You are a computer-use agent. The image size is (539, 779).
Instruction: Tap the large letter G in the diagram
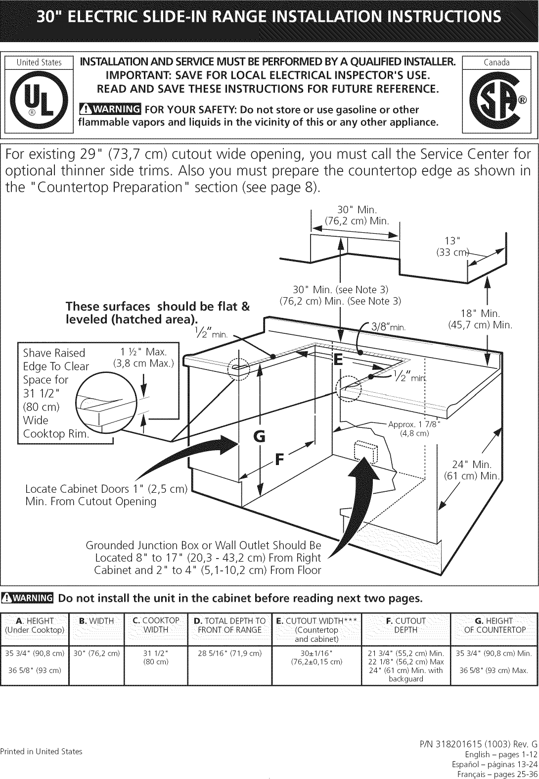click(x=259, y=436)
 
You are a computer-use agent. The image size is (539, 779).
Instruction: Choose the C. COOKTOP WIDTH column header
click(x=156, y=625)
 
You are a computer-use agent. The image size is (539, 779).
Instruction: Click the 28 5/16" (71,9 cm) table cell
click(x=229, y=653)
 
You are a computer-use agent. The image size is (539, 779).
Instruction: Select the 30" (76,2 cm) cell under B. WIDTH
click(x=96, y=653)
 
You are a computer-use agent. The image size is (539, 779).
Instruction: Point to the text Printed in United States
click(x=41, y=751)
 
